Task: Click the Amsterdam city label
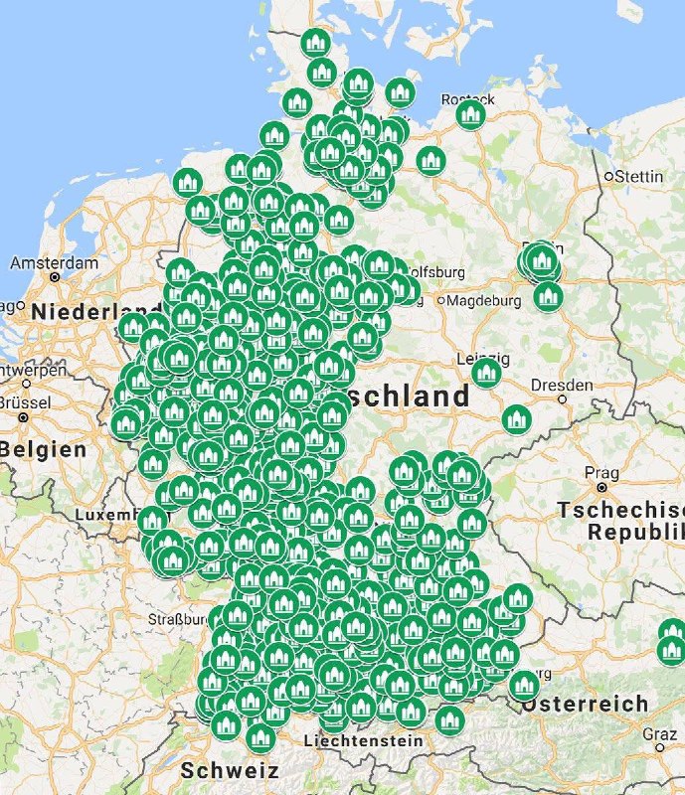coord(55,263)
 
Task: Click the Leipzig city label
coord(482,358)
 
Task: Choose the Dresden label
coord(563,384)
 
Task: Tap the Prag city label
coord(602,471)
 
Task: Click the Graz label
coord(659,733)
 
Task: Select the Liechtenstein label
coord(363,740)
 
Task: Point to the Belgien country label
coord(44,449)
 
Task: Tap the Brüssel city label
coord(25,402)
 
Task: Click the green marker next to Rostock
coord(470,114)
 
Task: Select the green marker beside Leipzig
coord(486,373)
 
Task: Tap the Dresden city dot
coord(563,398)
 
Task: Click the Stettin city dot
coord(608,177)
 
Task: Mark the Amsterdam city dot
coord(55,278)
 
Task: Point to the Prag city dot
coord(602,488)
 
